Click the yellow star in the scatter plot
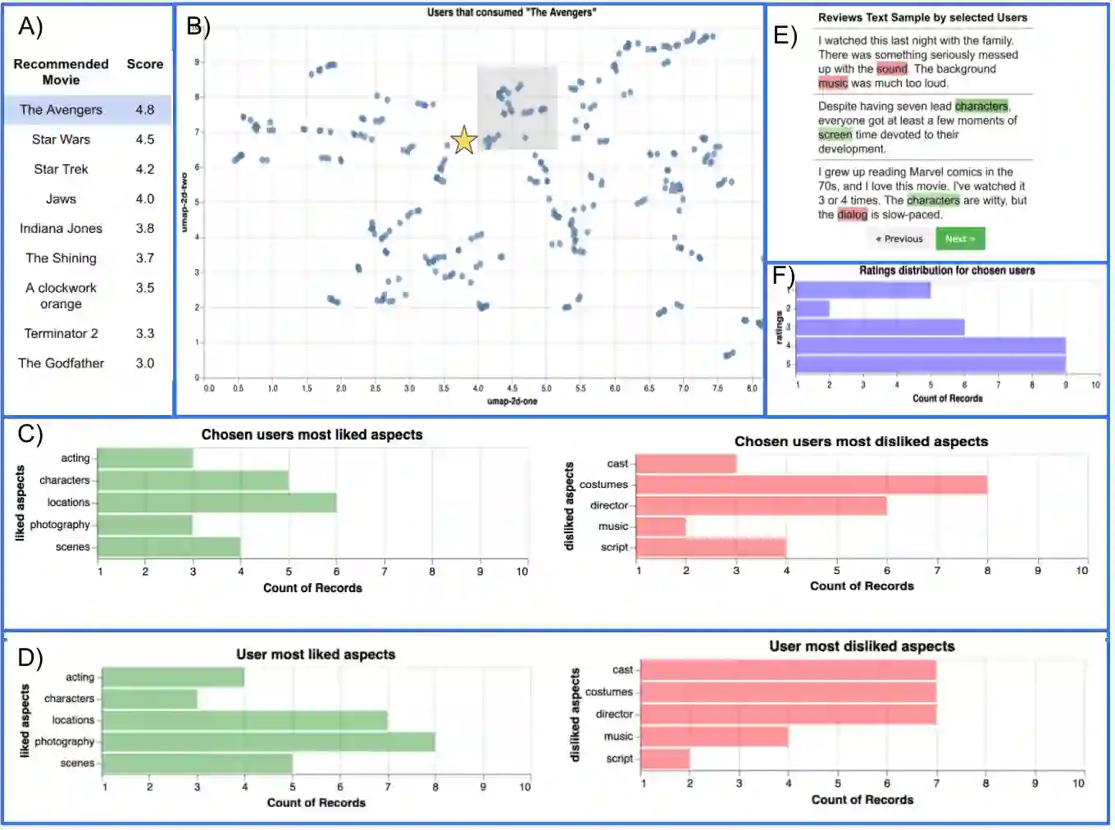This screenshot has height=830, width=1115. [x=464, y=140]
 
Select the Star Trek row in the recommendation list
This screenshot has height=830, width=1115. [x=61, y=169]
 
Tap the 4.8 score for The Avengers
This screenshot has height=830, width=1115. [x=145, y=110]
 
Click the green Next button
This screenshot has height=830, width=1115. [x=960, y=239]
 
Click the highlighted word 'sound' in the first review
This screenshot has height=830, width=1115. [x=891, y=69]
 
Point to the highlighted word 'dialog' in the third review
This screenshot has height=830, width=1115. [x=852, y=215]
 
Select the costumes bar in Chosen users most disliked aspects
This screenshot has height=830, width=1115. [x=811, y=485]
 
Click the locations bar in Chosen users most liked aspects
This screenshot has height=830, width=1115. [x=217, y=503]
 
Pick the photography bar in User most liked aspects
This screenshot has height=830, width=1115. [x=268, y=741]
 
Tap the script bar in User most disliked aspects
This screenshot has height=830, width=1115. [x=665, y=759]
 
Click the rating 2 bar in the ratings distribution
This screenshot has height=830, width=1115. [x=812, y=308]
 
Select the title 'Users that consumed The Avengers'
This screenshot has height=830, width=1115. [x=512, y=12]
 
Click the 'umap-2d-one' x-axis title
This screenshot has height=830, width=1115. [x=512, y=401]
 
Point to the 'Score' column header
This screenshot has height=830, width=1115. [x=145, y=64]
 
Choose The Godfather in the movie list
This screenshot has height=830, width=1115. [x=61, y=363]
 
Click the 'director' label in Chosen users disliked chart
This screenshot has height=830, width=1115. [x=608, y=505]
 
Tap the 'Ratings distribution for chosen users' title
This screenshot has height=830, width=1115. [x=947, y=271]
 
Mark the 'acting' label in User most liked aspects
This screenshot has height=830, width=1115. [x=80, y=677]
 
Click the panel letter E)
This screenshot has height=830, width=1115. [x=785, y=35]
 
